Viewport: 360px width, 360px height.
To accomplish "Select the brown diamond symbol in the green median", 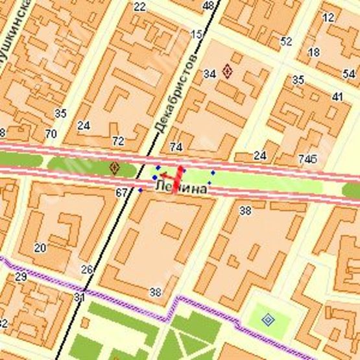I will coord(115,169).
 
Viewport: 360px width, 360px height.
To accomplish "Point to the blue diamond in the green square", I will coord(268,319).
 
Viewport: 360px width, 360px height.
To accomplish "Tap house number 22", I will coord(139,7).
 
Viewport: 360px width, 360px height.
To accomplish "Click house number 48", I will coord(208,6).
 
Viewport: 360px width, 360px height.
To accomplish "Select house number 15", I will coord(197,34).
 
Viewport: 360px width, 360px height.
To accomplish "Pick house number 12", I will coord(328,18).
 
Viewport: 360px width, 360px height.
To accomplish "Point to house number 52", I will coord(286,42).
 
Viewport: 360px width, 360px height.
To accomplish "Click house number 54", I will coord(348,73).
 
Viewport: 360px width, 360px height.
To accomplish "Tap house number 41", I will coord(337,97).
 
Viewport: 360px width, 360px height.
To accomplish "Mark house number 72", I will coord(117,141).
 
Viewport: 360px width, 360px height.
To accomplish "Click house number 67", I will coord(122,193).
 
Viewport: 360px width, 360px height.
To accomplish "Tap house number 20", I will coord(40,247).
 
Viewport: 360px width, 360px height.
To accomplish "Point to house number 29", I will coord(21,278).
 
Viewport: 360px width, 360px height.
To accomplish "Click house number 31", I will coord(80,297).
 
